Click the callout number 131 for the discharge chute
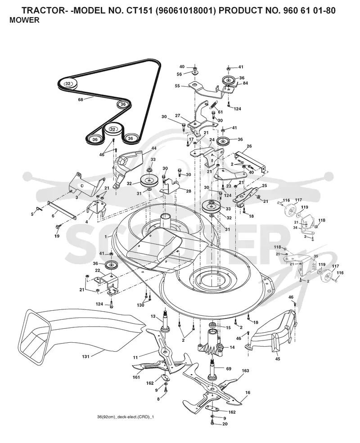(85, 357)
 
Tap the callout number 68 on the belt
(81, 99)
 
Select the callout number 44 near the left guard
(154, 148)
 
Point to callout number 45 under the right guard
(278, 359)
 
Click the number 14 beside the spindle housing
(232, 347)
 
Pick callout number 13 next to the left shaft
(153, 316)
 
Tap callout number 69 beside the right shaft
(229, 368)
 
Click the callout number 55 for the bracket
(177, 86)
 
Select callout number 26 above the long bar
(249, 146)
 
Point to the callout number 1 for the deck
(106, 237)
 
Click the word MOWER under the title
(25, 20)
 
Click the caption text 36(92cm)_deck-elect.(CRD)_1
(126, 417)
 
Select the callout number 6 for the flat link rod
(53, 215)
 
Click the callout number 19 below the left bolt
(57, 236)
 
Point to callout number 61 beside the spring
(220, 112)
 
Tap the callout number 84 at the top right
(245, 83)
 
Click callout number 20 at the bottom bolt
(225, 424)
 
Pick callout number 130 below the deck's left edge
(140, 305)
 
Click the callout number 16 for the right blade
(248, 393)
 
